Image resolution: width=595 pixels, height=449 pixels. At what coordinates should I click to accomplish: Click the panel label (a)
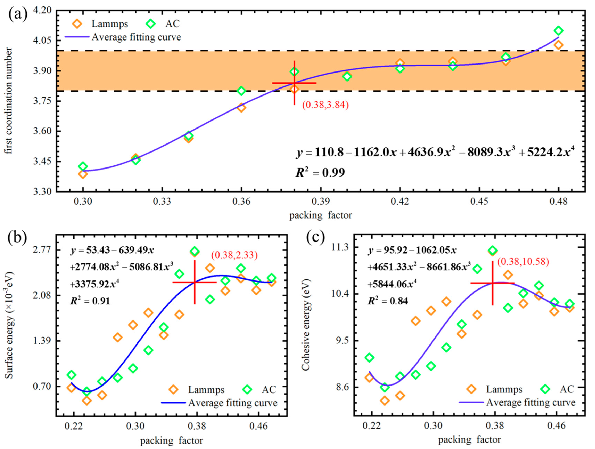(18, 15)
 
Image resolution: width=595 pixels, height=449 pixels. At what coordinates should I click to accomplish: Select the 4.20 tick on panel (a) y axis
(43, 10)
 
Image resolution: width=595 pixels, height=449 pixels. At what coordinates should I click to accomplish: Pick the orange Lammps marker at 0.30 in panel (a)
(83, 174)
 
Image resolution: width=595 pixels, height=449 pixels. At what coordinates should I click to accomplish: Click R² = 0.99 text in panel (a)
(320, 172)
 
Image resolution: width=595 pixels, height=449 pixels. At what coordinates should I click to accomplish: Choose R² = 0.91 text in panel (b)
(90, 301)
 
